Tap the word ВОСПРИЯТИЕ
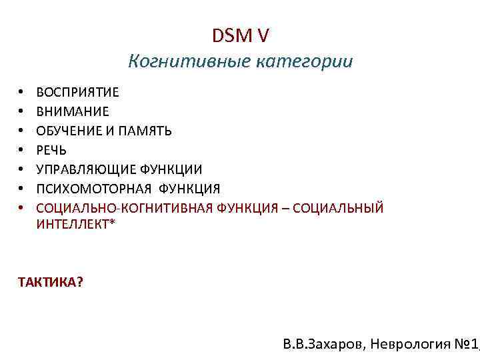pyautogui.click(x=78, y=93)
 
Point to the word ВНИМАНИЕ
pyautogui.click(x=73, y=112)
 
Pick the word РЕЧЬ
pyautogui.click(x=51, y=150)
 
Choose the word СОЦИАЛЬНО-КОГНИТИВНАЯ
pyautogui.click(x=123, y=208)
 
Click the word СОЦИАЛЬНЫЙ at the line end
pyautogui.click(x=346, y=208)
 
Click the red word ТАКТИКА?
pyautogui.click(x=51, y=282)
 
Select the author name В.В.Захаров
pyautogui.click(x=324, y=345)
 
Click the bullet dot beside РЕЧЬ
pyautogui.click(x=22, y=151)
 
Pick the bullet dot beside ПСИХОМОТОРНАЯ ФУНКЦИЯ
pyautogui.click(x=22, y=189)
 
